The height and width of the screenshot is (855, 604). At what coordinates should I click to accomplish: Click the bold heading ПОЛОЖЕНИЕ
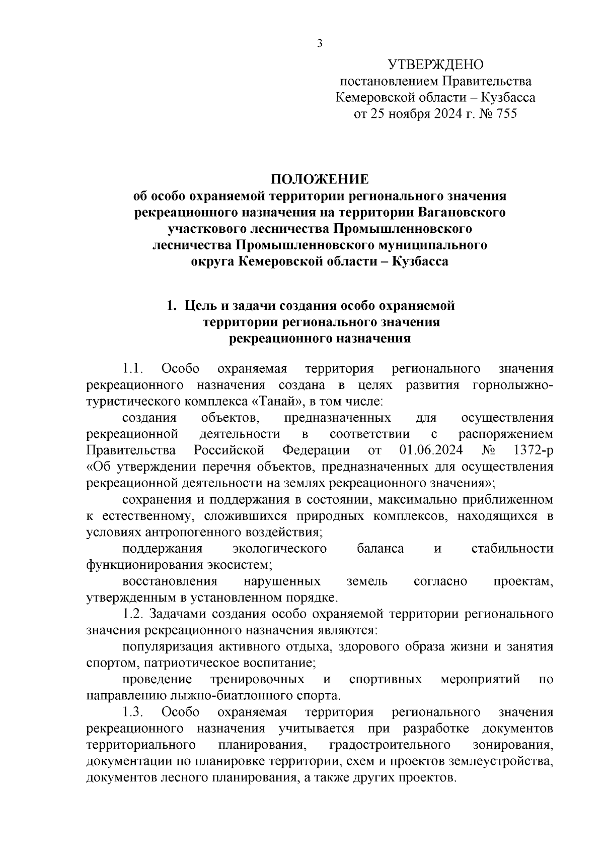(320, 179)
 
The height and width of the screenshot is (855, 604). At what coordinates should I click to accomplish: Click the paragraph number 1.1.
(133, 369)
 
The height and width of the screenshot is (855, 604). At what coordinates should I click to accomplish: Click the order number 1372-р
(533, 450)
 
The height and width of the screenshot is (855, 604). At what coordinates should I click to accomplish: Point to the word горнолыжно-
(513, 385)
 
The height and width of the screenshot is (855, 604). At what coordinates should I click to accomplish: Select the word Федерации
(316, 450)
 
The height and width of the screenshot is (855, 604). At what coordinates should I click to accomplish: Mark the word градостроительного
(389, 745)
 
